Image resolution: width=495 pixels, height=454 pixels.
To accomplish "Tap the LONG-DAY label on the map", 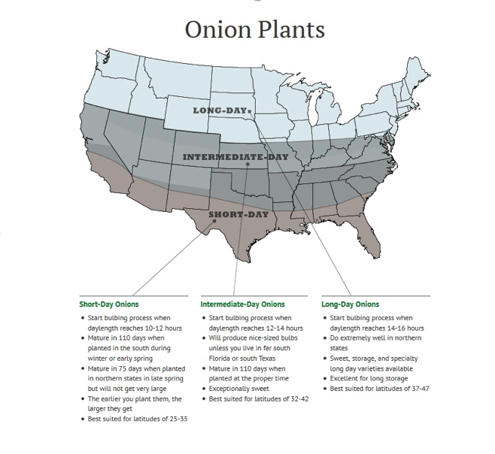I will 219,110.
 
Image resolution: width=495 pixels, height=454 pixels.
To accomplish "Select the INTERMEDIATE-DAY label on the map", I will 235,157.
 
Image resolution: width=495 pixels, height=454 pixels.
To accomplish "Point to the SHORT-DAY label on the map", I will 238,214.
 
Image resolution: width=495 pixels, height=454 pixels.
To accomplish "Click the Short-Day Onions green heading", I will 109,304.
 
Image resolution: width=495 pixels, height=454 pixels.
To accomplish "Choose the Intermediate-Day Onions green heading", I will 242,304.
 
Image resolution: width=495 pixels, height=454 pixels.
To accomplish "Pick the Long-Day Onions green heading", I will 350,304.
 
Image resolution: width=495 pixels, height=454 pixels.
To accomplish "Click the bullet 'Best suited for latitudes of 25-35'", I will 137,419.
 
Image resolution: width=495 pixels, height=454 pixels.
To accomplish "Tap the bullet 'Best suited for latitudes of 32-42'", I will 258,398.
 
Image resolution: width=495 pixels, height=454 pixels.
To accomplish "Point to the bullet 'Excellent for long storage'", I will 374,379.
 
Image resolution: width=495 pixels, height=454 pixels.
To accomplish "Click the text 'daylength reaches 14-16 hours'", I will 376,328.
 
